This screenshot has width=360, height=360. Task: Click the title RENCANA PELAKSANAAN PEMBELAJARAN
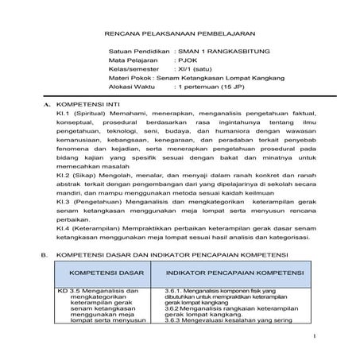[179, 34]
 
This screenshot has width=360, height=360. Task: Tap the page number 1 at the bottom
[315, 338]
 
